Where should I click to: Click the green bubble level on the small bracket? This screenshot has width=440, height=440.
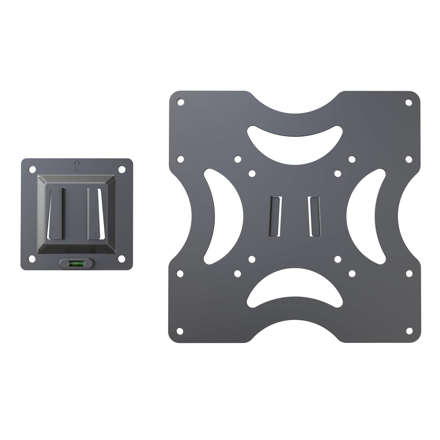pyautogui.click(x=76, y=263)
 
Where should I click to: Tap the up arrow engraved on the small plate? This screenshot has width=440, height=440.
pyautogui.click(x=76, y=166)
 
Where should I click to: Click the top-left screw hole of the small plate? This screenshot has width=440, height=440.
pyautogui.click(x=31, y=168)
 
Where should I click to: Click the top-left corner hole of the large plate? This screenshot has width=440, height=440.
pyautogui.click(x=181, y=102)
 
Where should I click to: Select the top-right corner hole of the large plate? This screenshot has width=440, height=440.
pyautogui.click(x=409, y=102)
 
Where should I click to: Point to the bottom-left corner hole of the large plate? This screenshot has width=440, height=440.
pyautogui.click(x=181, y=330)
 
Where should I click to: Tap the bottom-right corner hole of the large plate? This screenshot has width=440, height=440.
pyautogui.click(x=409, y=330)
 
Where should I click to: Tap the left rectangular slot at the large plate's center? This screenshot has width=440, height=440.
pyautogui.click(x=275, y=216)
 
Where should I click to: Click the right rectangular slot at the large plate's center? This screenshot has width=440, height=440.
pyautogui.click(x=314, y=216)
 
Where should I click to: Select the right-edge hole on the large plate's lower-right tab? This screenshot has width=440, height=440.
pyautogui.click(x=409, y=273)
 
